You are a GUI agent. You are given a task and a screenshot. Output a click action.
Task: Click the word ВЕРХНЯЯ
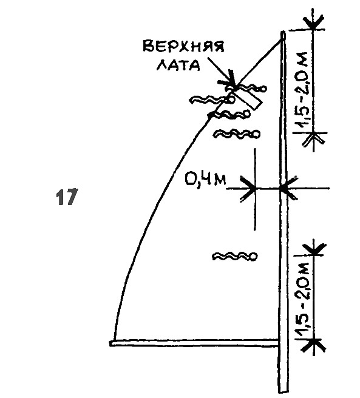point(183,47)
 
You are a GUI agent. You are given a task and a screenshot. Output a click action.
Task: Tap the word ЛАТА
point(178,66)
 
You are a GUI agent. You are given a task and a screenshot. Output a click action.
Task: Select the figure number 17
point(66,197)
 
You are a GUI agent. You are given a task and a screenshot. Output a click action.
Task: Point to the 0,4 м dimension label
point(205,180)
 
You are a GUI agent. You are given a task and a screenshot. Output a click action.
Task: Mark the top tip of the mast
point(283,32)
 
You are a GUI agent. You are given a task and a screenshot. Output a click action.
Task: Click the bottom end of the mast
point(284,392)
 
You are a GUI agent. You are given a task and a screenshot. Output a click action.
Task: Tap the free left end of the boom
point(110,343)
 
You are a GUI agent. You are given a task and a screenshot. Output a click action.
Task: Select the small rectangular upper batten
point(245,99)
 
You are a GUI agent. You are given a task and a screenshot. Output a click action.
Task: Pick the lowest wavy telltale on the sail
point(234,256)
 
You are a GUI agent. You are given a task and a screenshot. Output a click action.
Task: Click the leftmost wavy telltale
point(212,99)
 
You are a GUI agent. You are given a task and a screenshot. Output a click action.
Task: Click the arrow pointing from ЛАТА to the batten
point(222,73)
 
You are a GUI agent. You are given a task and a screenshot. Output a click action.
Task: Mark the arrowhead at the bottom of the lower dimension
point(314,345)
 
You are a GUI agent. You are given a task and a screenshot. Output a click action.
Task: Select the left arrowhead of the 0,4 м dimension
point(248,188)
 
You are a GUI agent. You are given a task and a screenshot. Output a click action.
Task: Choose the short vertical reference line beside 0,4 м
point(255,189)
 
